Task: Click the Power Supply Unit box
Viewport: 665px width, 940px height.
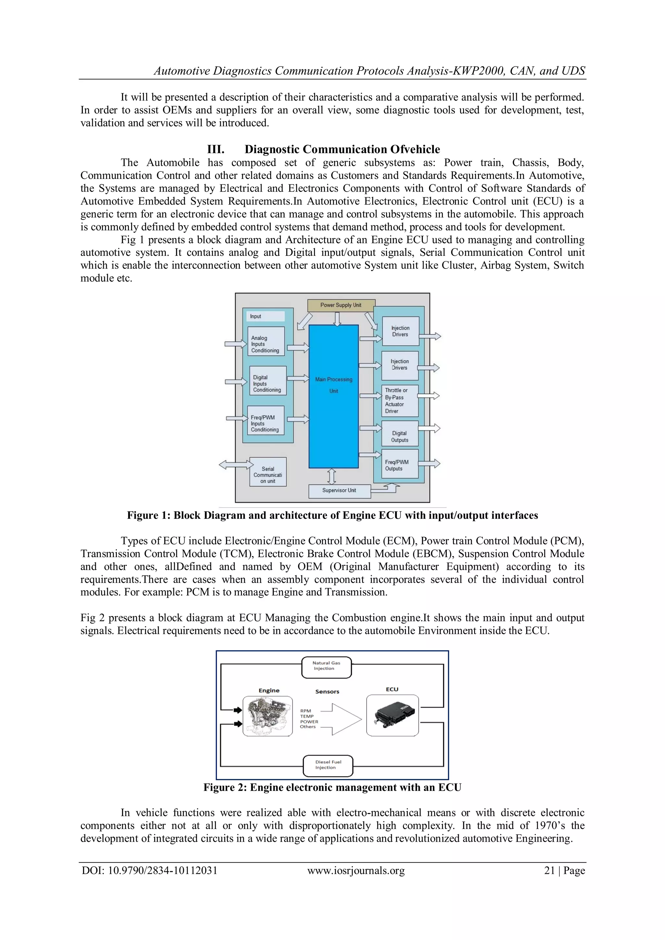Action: coord(341,305)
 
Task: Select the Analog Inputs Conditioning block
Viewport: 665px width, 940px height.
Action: coord(266,341)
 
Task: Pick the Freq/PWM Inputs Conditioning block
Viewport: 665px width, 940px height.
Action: coord(265,420)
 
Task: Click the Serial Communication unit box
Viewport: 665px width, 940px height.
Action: coord(268,472)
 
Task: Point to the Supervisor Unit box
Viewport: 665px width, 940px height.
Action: coord(339,491)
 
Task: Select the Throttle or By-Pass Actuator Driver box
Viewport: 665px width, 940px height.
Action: coord(400,401)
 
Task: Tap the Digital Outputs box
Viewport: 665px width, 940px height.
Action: coord(400,433)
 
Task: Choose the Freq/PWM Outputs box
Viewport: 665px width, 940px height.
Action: coord(400,464)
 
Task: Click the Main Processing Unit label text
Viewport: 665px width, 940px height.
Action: coord(334,385)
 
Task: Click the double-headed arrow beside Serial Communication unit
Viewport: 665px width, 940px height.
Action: coord(236,464)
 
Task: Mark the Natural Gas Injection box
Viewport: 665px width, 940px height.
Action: coord(326,668)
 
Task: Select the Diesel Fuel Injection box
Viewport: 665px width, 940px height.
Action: coord(328,766)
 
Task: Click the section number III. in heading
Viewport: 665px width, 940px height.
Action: coord(216,149)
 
